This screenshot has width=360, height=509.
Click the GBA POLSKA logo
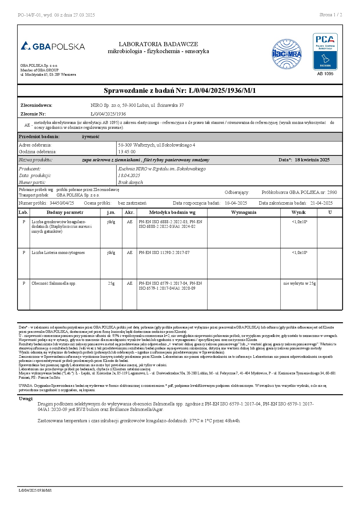pos(53,46)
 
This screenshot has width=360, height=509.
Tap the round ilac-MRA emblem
pos(287,54)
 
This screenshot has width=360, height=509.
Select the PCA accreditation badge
pos(325,52)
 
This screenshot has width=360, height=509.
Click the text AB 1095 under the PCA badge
pos(325,74)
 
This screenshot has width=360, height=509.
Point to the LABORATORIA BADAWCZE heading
pos(158,44)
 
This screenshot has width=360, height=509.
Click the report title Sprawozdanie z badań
pos(180,91)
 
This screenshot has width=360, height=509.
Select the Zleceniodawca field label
pos(36,105)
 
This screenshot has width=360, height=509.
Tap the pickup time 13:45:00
pos(127,152)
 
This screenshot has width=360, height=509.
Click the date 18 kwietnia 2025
pos(312,160)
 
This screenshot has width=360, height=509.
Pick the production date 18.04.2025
pos(129,176)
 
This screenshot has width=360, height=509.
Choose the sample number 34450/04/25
pos(62,203)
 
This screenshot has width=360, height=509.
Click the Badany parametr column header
pos(65,212)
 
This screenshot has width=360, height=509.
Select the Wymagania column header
pos(244,212)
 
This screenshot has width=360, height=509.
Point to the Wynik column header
pos(298,212)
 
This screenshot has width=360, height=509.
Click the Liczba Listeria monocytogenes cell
pos(58,253)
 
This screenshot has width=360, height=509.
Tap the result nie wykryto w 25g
pos(299,284)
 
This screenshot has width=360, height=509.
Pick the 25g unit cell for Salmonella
pos(111,284)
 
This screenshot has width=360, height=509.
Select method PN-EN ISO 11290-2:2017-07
pos(164,253)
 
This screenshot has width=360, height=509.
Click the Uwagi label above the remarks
pos(26,399)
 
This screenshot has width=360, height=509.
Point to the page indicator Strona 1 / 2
pos(331,15)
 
